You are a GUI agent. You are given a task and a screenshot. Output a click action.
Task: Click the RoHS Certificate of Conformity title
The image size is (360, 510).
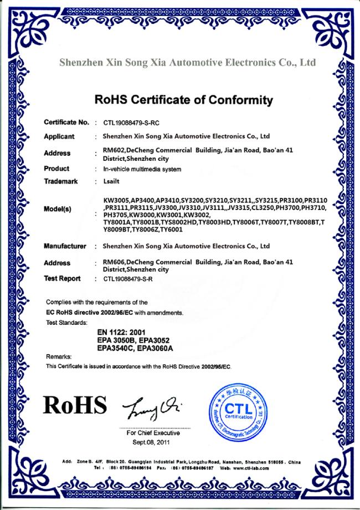(184, 100)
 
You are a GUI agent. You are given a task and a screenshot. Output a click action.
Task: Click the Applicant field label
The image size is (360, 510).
(59, 136)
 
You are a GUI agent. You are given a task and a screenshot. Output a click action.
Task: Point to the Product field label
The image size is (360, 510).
(56, 169)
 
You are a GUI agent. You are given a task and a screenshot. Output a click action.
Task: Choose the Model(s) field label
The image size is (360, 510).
(58, 210)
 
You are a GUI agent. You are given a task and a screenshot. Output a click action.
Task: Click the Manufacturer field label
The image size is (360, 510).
(65, 246)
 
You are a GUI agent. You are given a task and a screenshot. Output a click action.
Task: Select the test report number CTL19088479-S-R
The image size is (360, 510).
(130, 279)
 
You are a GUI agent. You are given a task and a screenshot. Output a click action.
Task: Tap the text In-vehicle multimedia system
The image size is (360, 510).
(142, 169)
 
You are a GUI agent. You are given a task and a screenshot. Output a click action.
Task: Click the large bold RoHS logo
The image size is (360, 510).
(76, 406)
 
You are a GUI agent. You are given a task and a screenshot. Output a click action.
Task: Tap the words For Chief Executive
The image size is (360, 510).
(153, 433)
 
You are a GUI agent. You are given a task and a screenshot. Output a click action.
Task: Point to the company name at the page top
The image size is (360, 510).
(187, 63)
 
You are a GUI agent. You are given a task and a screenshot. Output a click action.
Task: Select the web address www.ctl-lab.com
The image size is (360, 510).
(250, 468)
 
